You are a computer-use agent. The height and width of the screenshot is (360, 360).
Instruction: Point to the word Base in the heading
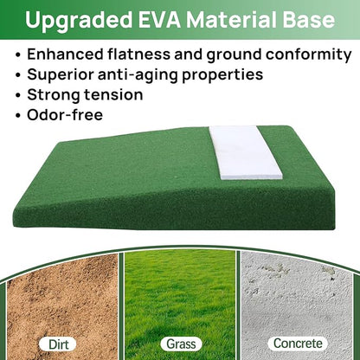point(309,19)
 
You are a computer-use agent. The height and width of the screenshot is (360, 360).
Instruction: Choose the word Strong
point(55,94)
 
